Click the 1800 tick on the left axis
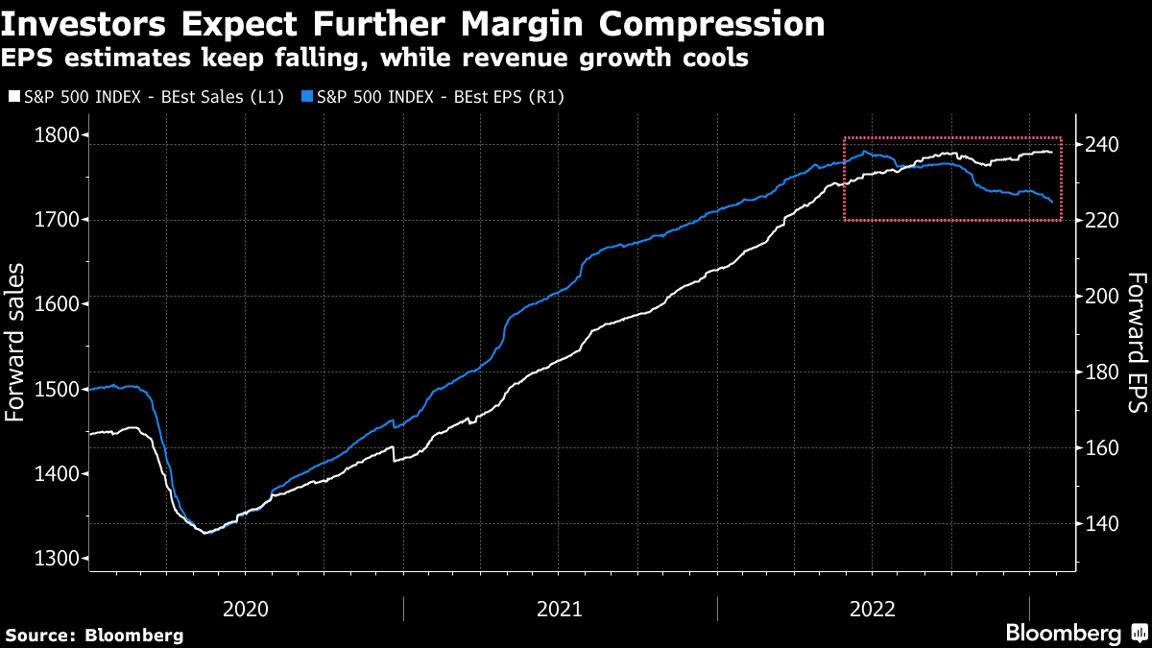(55, 135)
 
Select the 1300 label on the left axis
(55, 559)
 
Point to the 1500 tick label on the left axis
(55, 389)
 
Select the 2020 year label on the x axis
(246, 608)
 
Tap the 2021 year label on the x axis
(560, 608)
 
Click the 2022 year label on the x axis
(874, 608)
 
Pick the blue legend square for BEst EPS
(306, 97)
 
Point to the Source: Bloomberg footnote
(94, 635)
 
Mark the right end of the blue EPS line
(1053, 202)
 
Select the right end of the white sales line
(1052, 153)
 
